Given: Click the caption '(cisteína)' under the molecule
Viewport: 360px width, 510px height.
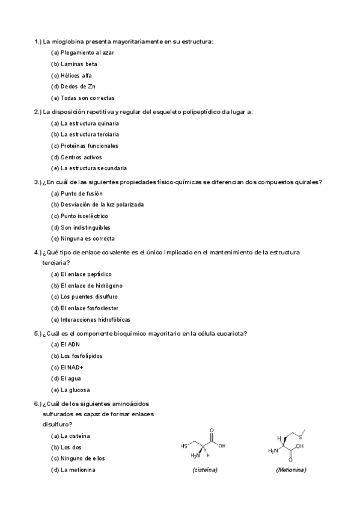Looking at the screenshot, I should click(205, 469).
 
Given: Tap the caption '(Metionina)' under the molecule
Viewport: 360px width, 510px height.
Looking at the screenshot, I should click(291, 469).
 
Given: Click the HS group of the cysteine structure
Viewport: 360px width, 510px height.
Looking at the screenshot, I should click(184, 446).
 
